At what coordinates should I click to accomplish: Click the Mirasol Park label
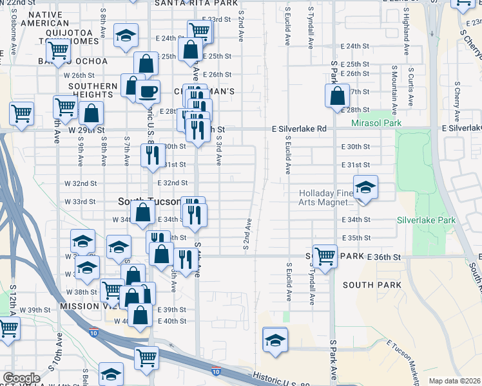(x=376, y=123)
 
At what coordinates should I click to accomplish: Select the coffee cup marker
(x=148, y=91)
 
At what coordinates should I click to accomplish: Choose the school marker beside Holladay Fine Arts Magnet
(x=365, y=188)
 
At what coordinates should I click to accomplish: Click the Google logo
(x=21, y=378)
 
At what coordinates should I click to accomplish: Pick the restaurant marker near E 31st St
(x=153, y=156)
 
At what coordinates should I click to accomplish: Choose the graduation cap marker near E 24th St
(x=126, y=37)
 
